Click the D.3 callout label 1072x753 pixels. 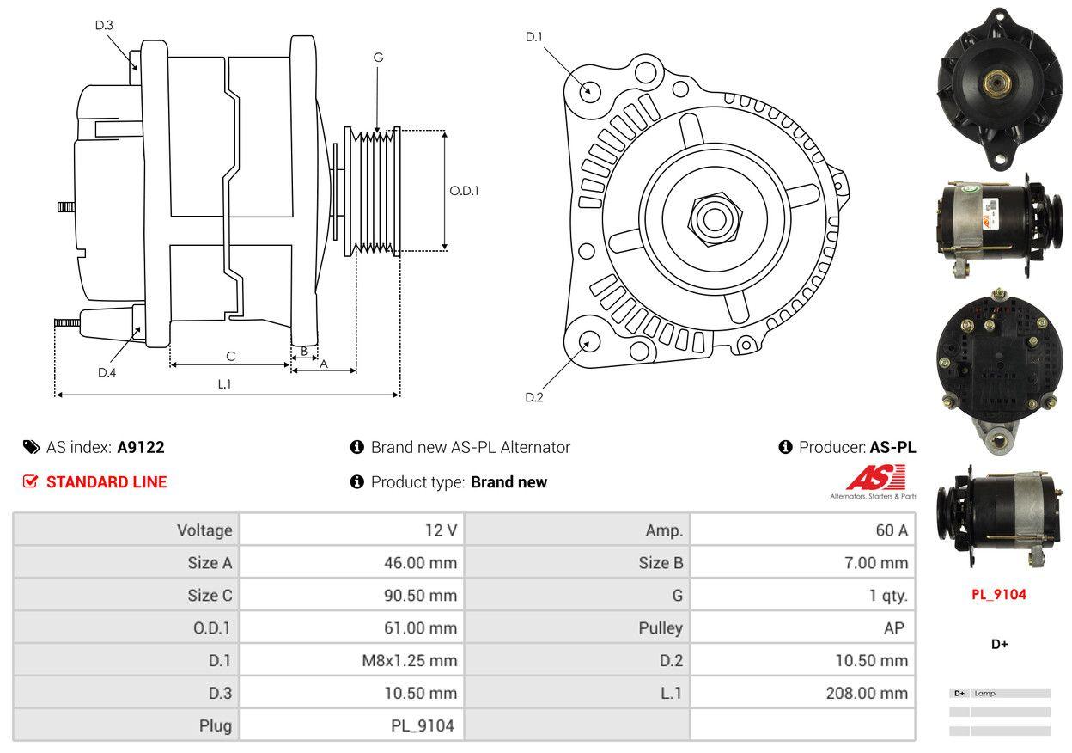pyautogui.click(x=104, y=26)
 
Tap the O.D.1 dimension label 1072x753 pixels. pyautogui.click(x=464, y=191)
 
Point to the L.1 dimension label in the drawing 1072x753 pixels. pyautogui.click(x=224, y=384)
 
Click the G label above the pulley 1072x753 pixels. pyautogui.click(x=378, y=58)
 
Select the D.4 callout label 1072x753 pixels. pyautogui.click(x=107, y=372)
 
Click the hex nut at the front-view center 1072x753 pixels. pyautogui.click(x=711, y=217)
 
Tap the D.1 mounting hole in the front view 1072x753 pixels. pyautogui.click(x=589, y=89)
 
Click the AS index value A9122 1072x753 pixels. pyautogui.click(x=141, y=447)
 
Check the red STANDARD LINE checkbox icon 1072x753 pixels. pyautogui.click(x=31, y=481)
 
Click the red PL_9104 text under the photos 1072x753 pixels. pyautogui.click(x=999, y=594)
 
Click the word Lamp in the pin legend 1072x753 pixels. pyautogui.click(x=985, y=693)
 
